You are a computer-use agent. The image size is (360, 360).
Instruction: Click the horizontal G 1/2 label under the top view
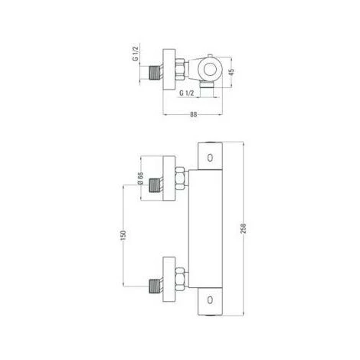(187, 93)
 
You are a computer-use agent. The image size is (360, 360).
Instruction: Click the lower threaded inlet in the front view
(155, 288)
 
